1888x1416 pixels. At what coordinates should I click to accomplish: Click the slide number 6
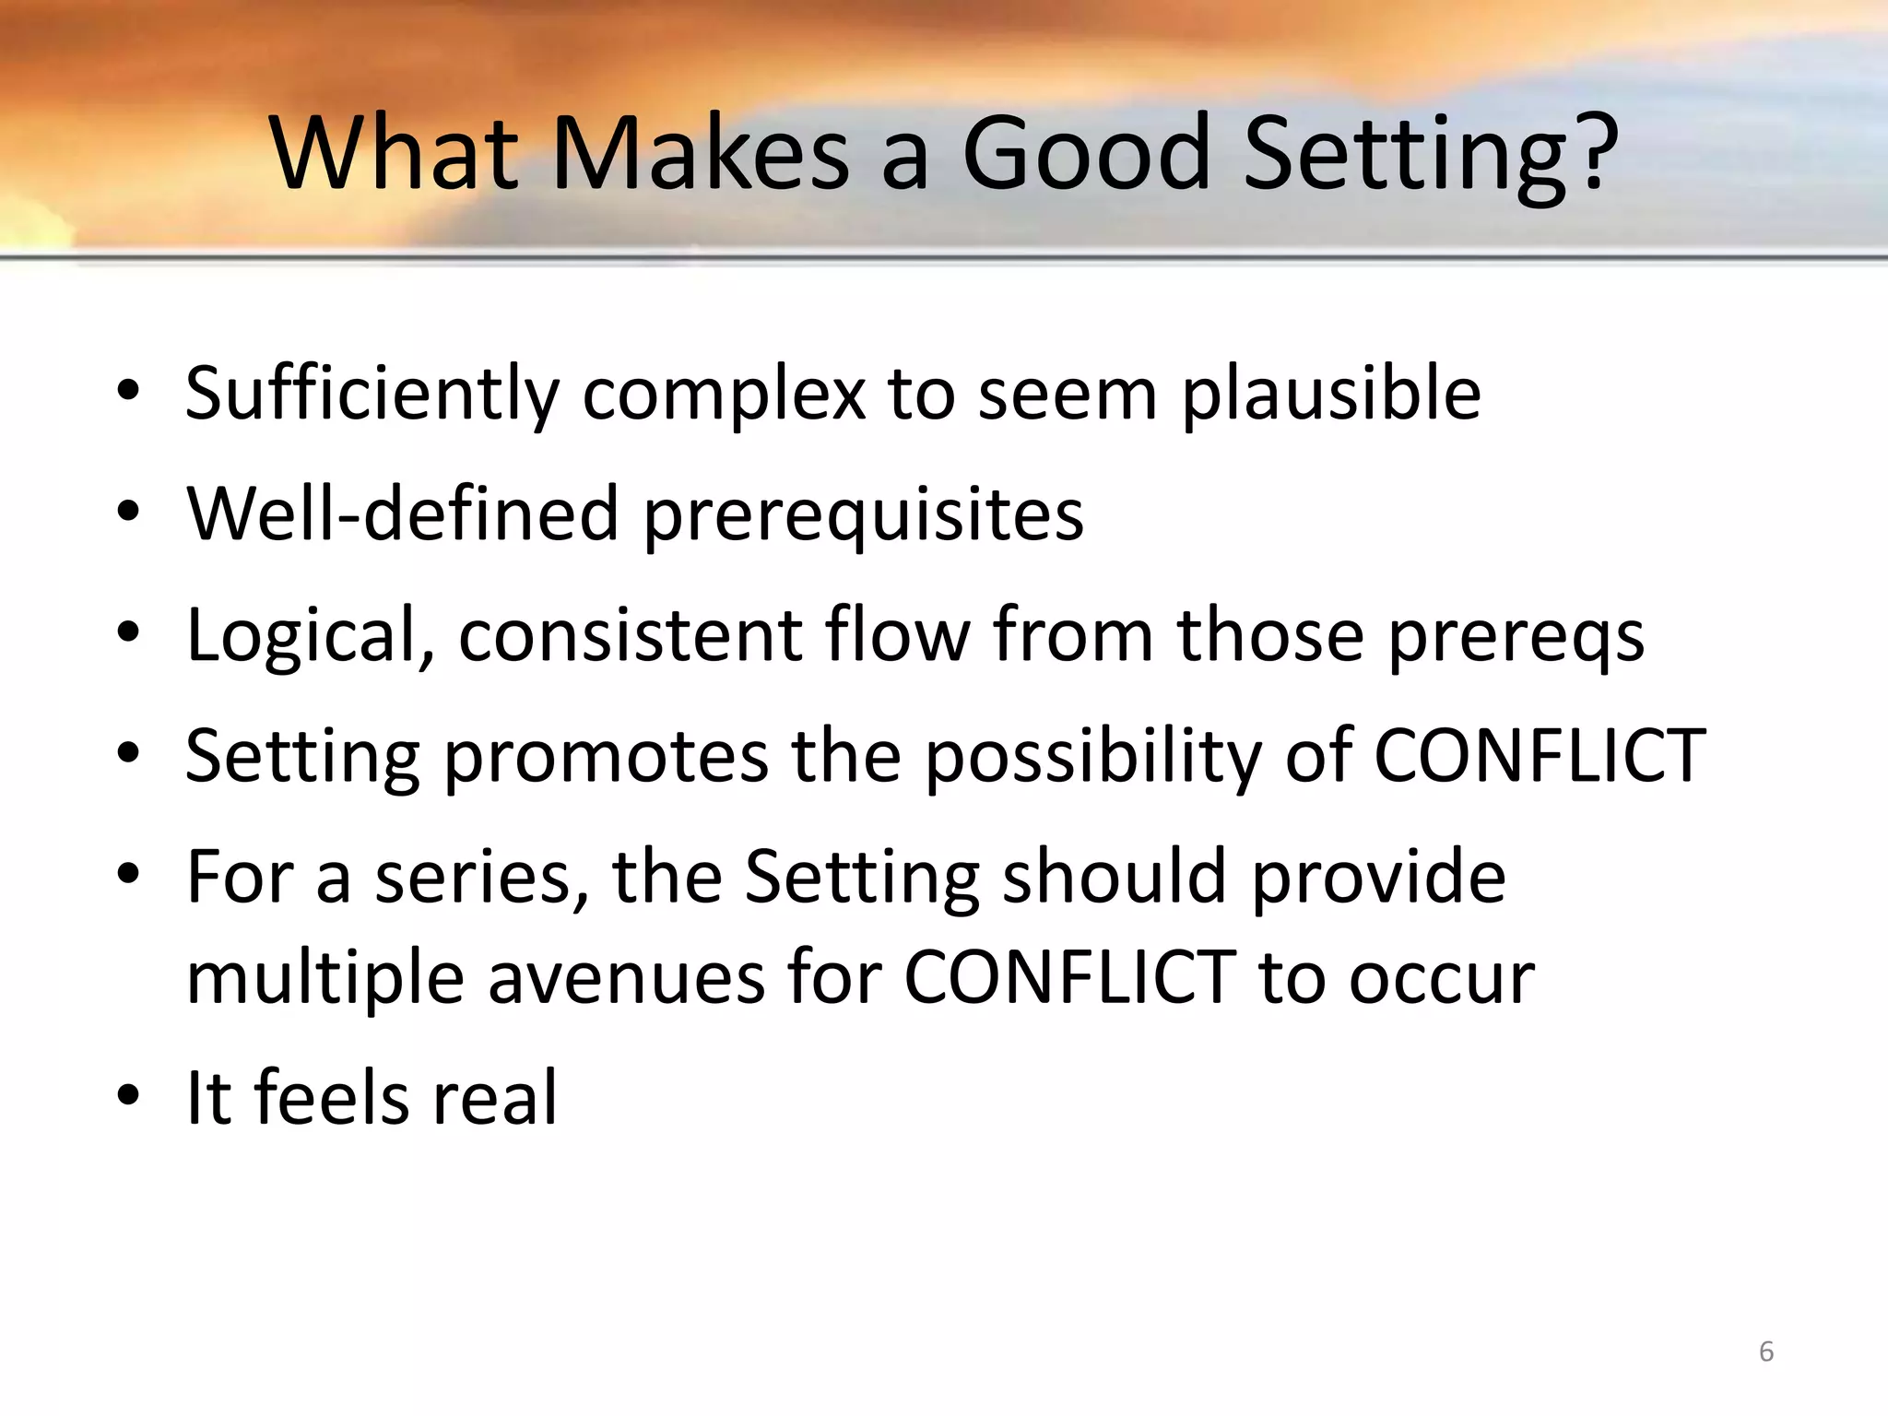pyautogui.click(x=1765, y=1351)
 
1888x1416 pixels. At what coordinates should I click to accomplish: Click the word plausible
pyautogui.click(x=1331, y=395)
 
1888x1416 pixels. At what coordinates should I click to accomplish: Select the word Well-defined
pyautogui.click(x=402, y=513)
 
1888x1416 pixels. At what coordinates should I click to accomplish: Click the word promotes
pyautogui.click(x=606, y=757)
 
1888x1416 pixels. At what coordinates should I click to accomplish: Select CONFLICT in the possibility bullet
pyautogui.click(x=1539, y=755)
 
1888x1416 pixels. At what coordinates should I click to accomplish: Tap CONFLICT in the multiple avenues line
pyautogui.click(x=1069, y=977)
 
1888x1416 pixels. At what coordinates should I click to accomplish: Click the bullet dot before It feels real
pyautogui.click(x=128, y=1095)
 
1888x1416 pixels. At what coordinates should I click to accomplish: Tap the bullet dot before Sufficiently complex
pyautogui.click(x=128, y=392)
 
